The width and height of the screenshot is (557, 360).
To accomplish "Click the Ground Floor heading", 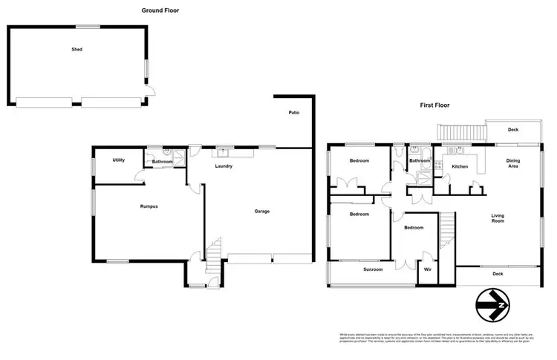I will pyautogui.click(x=160, y=11).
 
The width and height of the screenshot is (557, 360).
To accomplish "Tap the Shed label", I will pyautogui.click(x=76, y=50).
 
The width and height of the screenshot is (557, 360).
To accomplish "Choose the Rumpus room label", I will pyautogui.click(x=149, y=206).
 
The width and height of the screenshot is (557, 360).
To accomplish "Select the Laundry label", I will pyautogui.click(x=224, y=166).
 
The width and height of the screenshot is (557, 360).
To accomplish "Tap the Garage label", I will pyautogui.click(x=261, y=212).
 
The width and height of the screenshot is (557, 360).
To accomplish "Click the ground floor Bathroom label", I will pyautogui.click(x=163, y=162).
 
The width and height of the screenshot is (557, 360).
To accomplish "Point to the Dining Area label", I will pyautogui.click(x=512, y=163).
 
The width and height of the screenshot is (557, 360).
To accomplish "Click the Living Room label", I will pyautogui.click(x=498, y=218).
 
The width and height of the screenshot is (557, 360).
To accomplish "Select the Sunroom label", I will pyautogui.click(x=373, y=270).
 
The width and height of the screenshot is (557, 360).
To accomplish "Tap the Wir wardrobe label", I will pyautogui.click(x=427, y=270).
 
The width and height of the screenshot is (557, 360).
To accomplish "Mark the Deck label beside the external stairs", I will pyautogui.click(x=512, y=129).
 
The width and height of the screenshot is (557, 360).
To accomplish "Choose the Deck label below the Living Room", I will pyautogui.click(x=498, y=274).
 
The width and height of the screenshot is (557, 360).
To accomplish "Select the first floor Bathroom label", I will pyautogui.click(x=420, y=160).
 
